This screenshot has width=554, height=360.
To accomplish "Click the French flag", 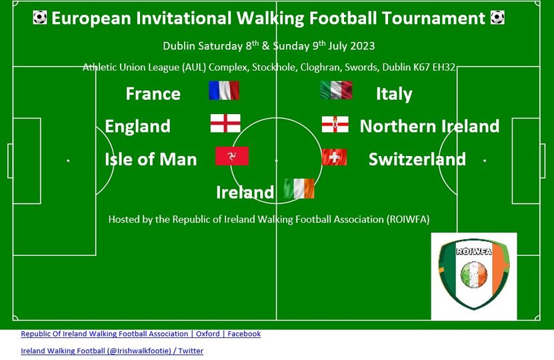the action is click(x=224, y=91).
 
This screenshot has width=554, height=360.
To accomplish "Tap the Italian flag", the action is click(x=336, y=90).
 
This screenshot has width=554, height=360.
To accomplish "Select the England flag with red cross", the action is click(x=225, y=123).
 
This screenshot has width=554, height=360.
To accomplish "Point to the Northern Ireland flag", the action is click(x=335, y=125).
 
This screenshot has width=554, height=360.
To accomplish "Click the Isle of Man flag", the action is click(x=232, y=156).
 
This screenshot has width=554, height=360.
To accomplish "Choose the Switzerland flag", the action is click(x=334, y=157).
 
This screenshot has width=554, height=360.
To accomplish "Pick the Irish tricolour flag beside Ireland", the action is click(x=299, y=189).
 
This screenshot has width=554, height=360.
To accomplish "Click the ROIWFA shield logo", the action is click(x=474, y=274).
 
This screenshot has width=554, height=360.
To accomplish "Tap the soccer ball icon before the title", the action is click(x=40, y=17).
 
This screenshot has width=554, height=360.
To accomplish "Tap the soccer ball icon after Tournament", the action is click(x=497, y=17).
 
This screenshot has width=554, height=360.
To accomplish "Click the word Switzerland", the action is click(x=417, y=159).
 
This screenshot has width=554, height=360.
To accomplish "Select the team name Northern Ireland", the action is click(x=429, y=126).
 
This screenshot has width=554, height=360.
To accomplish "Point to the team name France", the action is click(x=153, y=93).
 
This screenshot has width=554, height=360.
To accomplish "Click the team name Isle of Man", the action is click(x=151, y=159).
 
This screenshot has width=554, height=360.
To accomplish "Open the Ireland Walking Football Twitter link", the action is click(x=112, y=351).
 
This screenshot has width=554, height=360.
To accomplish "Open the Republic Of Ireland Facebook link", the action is click(x=141, y=334).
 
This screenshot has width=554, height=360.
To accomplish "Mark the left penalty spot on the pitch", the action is click(x=68, y=161).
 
